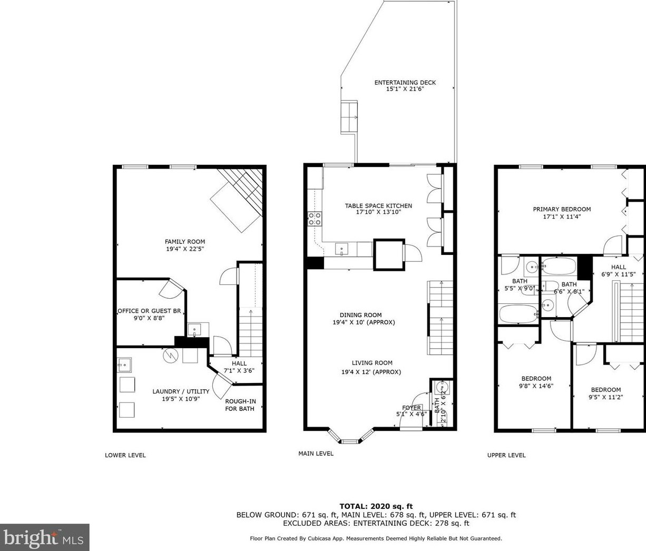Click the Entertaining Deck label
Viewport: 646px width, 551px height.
405,83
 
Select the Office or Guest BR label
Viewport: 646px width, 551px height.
150,311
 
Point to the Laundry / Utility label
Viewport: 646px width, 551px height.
181,391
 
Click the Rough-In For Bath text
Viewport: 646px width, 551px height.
240,405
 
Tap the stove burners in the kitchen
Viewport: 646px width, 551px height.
315,219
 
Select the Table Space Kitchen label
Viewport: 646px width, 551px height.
378,206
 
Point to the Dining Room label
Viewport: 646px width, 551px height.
360,315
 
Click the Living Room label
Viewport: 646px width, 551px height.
372,363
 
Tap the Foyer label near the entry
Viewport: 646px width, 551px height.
412,408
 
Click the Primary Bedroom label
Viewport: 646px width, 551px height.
562,209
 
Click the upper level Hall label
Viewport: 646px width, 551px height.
619,267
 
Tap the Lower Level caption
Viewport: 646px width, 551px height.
125,455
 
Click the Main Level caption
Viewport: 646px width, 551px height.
316,453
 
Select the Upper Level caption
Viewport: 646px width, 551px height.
506,455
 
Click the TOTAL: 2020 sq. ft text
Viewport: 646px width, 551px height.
376,506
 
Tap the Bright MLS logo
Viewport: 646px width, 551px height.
44,538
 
